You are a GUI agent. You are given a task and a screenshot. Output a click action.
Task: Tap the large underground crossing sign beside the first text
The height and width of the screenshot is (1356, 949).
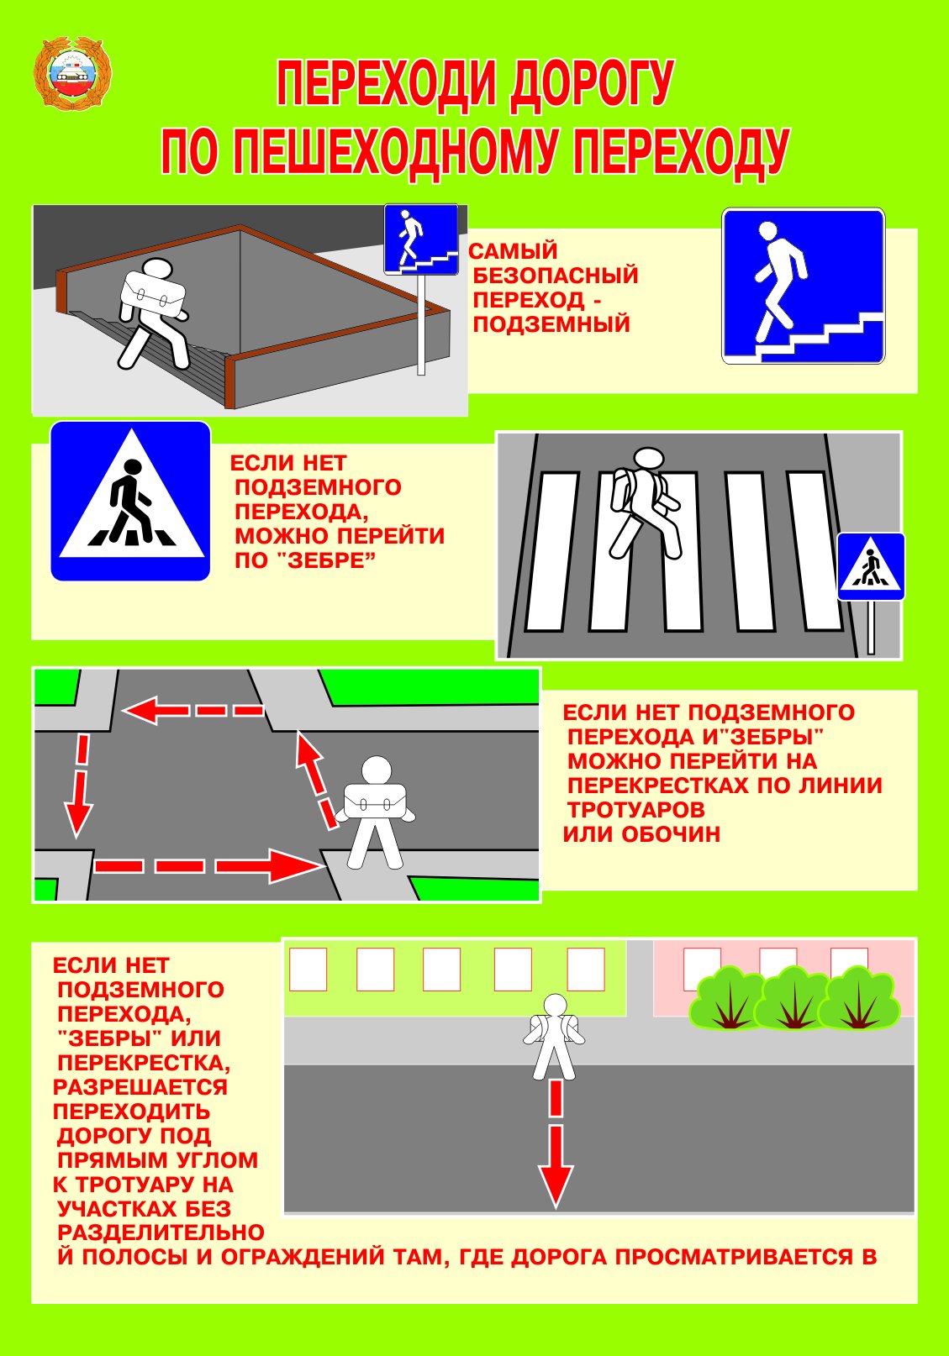[x=803, y=286]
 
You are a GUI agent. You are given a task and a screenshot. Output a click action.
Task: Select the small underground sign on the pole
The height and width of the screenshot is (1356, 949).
[x=421, y=239]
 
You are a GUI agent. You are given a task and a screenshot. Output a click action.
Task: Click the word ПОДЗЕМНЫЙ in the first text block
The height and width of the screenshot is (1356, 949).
[x=551, y=324]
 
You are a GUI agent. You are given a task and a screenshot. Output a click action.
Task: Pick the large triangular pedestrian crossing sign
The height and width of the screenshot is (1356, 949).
[x=130, y=501]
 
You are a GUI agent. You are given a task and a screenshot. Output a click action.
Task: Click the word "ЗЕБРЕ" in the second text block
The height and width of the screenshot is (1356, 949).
[x=320, y=560]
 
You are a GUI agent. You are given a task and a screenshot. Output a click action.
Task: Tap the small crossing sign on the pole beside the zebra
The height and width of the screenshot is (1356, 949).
[x=871, y=566]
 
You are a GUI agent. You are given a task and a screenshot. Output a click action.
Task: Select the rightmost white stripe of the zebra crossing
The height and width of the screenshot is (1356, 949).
[x=813, y=550]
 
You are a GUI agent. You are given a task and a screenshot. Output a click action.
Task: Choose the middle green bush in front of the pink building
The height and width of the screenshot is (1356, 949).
[x=793, y=999]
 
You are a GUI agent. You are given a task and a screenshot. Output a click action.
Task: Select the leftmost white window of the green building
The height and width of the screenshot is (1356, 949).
[x=308, y=969]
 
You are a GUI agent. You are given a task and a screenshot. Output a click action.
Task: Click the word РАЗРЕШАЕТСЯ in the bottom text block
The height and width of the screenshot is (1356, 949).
[x=140, y=1087]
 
